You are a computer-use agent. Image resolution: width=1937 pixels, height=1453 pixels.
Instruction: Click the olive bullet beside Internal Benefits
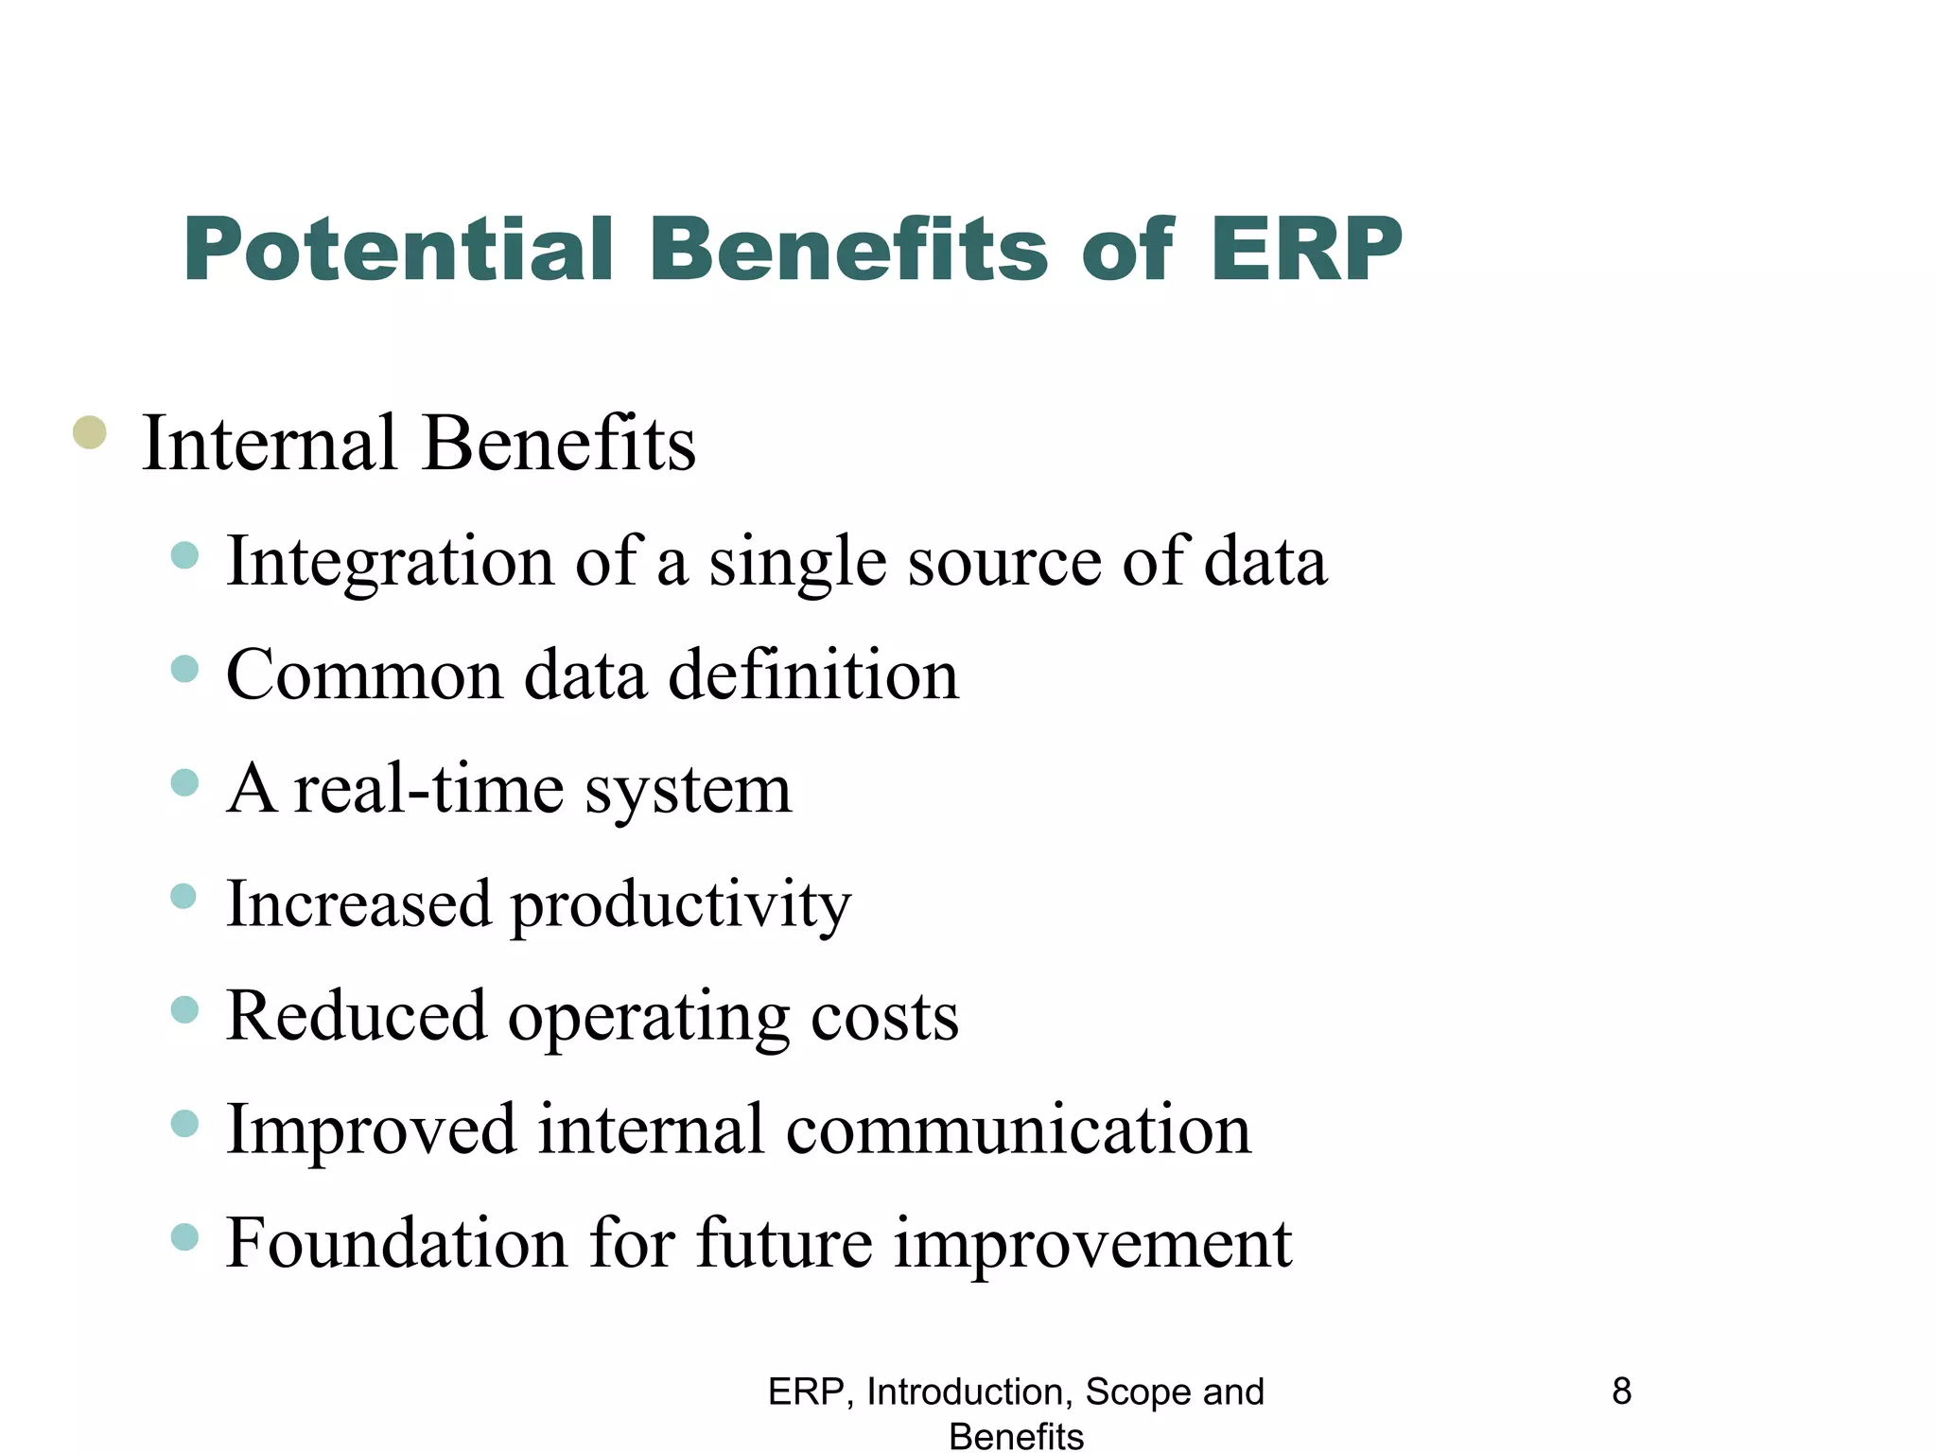[90, 433]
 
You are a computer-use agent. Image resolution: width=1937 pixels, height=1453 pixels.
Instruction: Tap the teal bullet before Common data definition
[185, 670]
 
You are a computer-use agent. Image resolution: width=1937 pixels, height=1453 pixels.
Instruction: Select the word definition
[813, 675]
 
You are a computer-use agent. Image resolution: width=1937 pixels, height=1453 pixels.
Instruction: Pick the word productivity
[680, 904]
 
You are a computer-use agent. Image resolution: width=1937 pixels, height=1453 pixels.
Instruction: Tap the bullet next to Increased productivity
[184, 896]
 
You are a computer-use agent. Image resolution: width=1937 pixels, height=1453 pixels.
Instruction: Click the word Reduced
[356, 1016]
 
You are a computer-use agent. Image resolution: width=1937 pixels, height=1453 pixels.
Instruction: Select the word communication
[1018, 1129]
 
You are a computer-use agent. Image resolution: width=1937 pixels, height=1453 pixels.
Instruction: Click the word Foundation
[396, 1243]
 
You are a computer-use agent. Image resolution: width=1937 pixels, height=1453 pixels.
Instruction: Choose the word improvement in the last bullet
[1092, 1245]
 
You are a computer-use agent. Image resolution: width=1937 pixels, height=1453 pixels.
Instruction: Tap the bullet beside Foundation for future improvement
[185, 1236]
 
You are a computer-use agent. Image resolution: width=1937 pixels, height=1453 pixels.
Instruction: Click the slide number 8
[1621, 1392]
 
